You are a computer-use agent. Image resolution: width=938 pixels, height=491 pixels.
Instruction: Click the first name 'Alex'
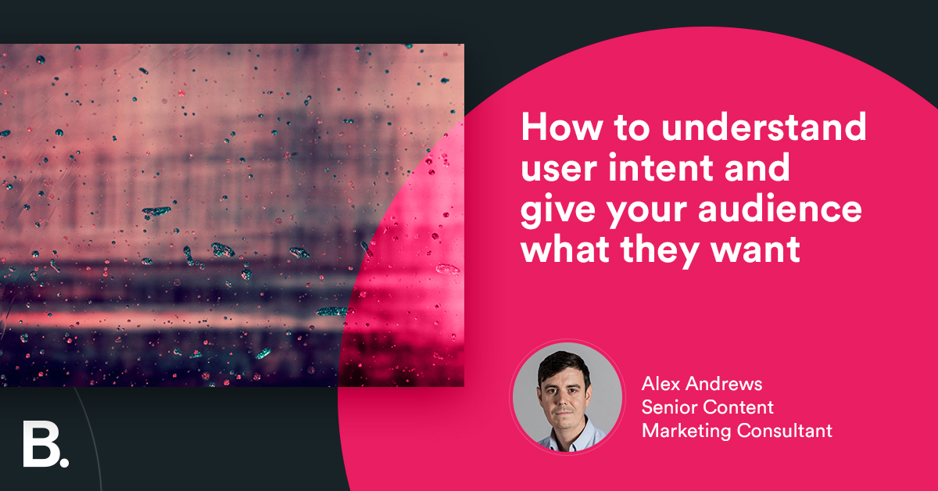coord(660,384)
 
